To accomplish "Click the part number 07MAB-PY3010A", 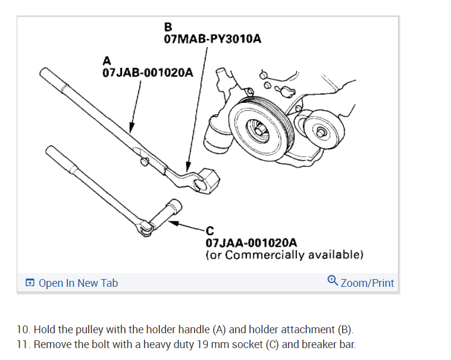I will [212, 39].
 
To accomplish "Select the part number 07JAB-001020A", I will [148, 73].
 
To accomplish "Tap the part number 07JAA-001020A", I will [251, 243].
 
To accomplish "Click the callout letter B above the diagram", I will [168, 27].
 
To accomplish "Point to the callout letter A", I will [107, 60].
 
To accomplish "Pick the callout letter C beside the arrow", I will [209, 231].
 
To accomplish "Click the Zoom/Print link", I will [367, 283].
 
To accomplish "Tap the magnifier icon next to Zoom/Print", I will [333, 280].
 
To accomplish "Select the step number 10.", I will [22, 329].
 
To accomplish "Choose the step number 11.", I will [22, 344].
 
